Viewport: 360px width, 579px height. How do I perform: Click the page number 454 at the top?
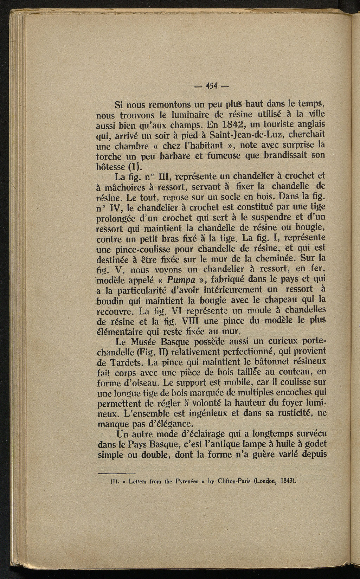click(x=212, y=86)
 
